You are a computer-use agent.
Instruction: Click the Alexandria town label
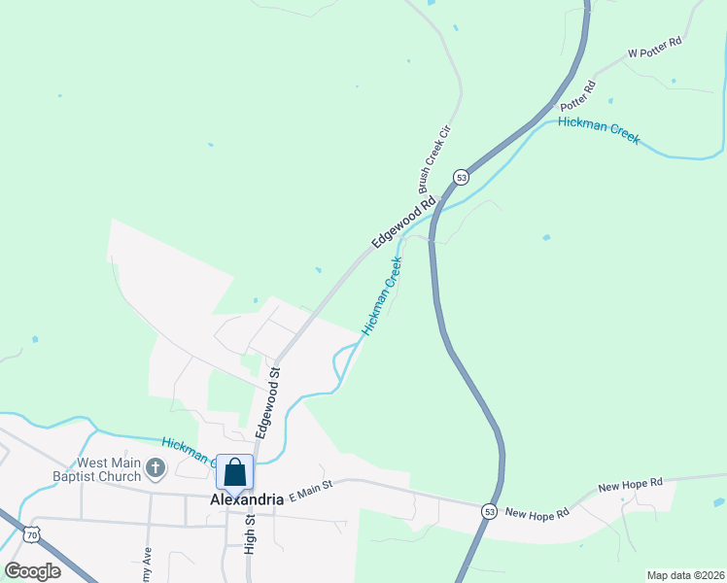247,499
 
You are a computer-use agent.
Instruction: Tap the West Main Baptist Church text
95,469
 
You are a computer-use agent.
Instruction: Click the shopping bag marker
234,472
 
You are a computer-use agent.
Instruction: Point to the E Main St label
310,490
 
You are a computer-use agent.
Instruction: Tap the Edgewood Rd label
402,224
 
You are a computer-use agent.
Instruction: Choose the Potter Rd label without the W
575,94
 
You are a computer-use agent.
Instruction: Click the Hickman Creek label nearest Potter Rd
599,130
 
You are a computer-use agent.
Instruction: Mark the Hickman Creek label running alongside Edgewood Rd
382,296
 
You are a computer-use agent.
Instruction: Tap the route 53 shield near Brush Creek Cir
461,177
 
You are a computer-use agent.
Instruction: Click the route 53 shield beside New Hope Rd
488,510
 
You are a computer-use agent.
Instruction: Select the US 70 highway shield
32,533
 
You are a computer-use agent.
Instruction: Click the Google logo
32,571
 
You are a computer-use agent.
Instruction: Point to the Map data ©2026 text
685,575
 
